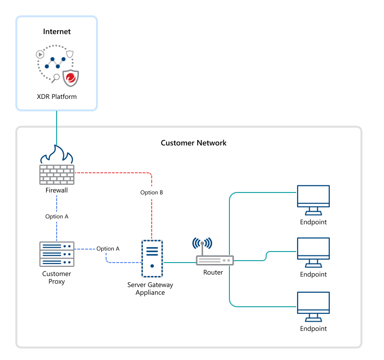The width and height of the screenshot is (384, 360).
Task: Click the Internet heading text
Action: tap(57, 32)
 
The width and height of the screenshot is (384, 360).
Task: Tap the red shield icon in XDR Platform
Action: tap(71, 78)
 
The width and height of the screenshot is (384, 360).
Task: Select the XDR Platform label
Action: tap(57, 96)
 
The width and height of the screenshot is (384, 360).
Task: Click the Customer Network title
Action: tap(193, 143)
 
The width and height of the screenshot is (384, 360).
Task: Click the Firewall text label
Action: tap(57, 190)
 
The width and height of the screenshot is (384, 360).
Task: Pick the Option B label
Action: tap(152, 192)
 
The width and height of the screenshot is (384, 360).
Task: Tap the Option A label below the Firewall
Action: tap(57, 216)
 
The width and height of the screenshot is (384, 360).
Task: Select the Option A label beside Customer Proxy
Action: tap(108, 249)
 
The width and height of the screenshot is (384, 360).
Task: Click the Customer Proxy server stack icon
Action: tap(57, 254)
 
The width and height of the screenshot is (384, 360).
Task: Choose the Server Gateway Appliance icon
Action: tap(152, 258)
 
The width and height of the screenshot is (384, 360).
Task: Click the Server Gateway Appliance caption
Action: tap(150, 288)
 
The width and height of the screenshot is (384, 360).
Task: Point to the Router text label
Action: tap(213, 273)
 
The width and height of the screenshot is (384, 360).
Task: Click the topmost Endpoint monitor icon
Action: tap(313, 199)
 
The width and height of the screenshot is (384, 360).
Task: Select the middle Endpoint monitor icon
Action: tap(313, 252)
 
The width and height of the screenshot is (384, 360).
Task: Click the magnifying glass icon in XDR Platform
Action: tap(56, 78)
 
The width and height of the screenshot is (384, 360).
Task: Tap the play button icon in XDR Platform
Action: tap(40, 54)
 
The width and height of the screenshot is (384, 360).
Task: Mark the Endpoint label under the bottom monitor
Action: tap(313, 329)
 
